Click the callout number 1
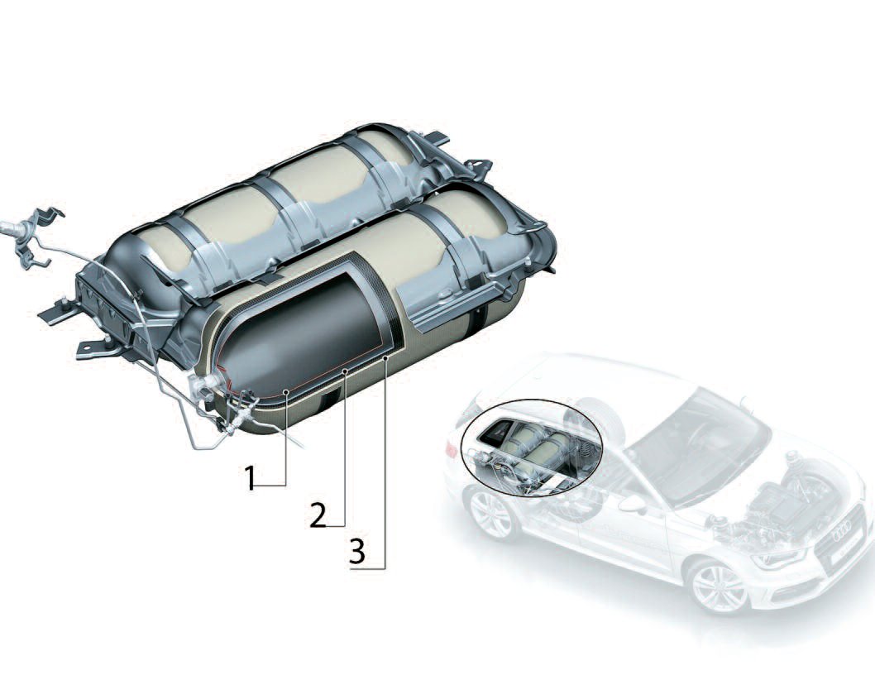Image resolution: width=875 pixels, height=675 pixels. tap(251, 479)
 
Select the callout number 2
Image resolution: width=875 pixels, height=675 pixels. tap(318, 515)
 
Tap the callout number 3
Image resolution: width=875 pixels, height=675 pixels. tap(356, 553)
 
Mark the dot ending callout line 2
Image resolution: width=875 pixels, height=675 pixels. tap(344, 374)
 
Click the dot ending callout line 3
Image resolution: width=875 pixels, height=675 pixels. tap(386, 357)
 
